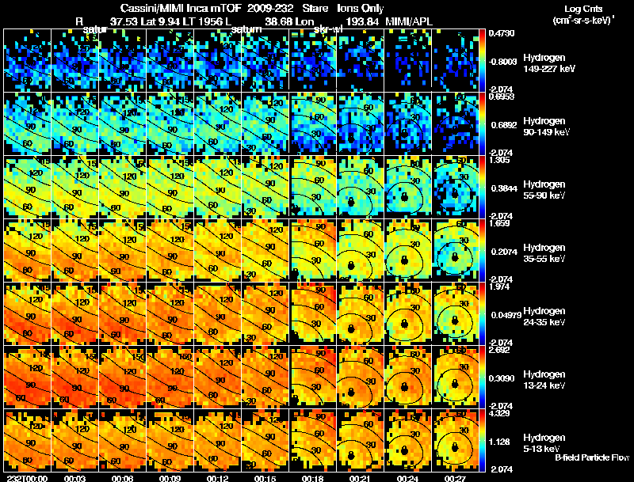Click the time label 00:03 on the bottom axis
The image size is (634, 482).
(x=75, y=478)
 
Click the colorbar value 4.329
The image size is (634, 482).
(x=499, y=412)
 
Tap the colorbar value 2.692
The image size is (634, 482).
(x=499, y=349)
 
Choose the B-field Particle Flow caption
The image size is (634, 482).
(x=593, y=457)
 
